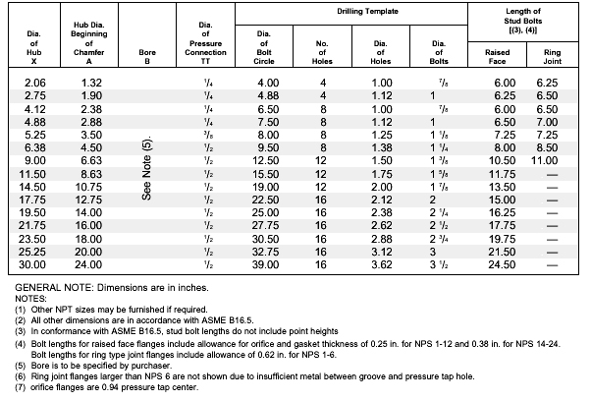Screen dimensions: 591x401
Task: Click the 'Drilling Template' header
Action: [367, 12]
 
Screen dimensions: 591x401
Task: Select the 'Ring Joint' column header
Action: [552, 57]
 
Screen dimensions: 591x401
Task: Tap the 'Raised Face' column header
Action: [497, 57]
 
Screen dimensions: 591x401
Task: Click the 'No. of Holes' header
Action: [322, 52]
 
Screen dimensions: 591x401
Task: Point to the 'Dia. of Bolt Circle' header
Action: [264, 47]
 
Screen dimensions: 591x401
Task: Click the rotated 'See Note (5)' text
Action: [146, 168]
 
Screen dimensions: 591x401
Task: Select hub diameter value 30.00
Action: [32, 264]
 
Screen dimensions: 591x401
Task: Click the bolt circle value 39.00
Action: [265, 264]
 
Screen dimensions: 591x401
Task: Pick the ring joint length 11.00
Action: [544, 161]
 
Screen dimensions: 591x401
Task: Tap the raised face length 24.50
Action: [502, 264]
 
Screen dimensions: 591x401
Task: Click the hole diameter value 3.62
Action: [382, 264]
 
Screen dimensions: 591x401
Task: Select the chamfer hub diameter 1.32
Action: [91, 83]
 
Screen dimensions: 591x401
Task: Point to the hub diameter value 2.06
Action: [35, 83]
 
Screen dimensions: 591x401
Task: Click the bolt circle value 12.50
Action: [265, 161]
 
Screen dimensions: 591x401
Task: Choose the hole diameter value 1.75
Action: [382, 174]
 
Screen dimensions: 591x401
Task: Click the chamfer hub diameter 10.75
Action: [88, 187]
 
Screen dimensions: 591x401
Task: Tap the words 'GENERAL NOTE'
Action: [53, 288]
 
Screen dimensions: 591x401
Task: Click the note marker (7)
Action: [20, 387]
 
